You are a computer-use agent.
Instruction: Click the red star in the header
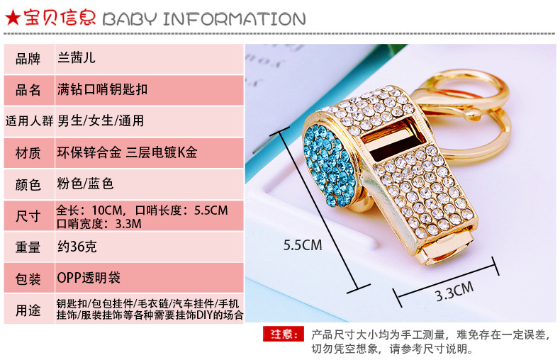coord(13,18)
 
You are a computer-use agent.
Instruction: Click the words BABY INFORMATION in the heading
coord(204,19)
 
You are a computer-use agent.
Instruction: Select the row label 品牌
coord(28,59)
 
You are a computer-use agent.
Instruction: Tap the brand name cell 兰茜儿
coord(77,57)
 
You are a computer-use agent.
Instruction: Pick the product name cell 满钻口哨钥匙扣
coord(103,89)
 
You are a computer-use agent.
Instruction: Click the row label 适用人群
coord(29,121)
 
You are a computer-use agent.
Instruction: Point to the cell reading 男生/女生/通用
coord(101,120)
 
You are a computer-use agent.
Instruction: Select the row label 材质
coord(28,153)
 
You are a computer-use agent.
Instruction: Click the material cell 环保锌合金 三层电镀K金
coord(127,152)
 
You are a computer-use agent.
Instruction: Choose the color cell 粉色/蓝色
coord(85,184)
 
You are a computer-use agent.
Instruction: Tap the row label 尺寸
coord(28,216)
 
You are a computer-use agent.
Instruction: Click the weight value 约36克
coord(77,247)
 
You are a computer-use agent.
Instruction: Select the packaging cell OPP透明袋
coord(89,278)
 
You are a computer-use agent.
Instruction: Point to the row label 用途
coord(28,310)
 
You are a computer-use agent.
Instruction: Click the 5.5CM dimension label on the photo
coord(303,245)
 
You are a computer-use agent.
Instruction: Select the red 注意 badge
coord(284,334)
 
